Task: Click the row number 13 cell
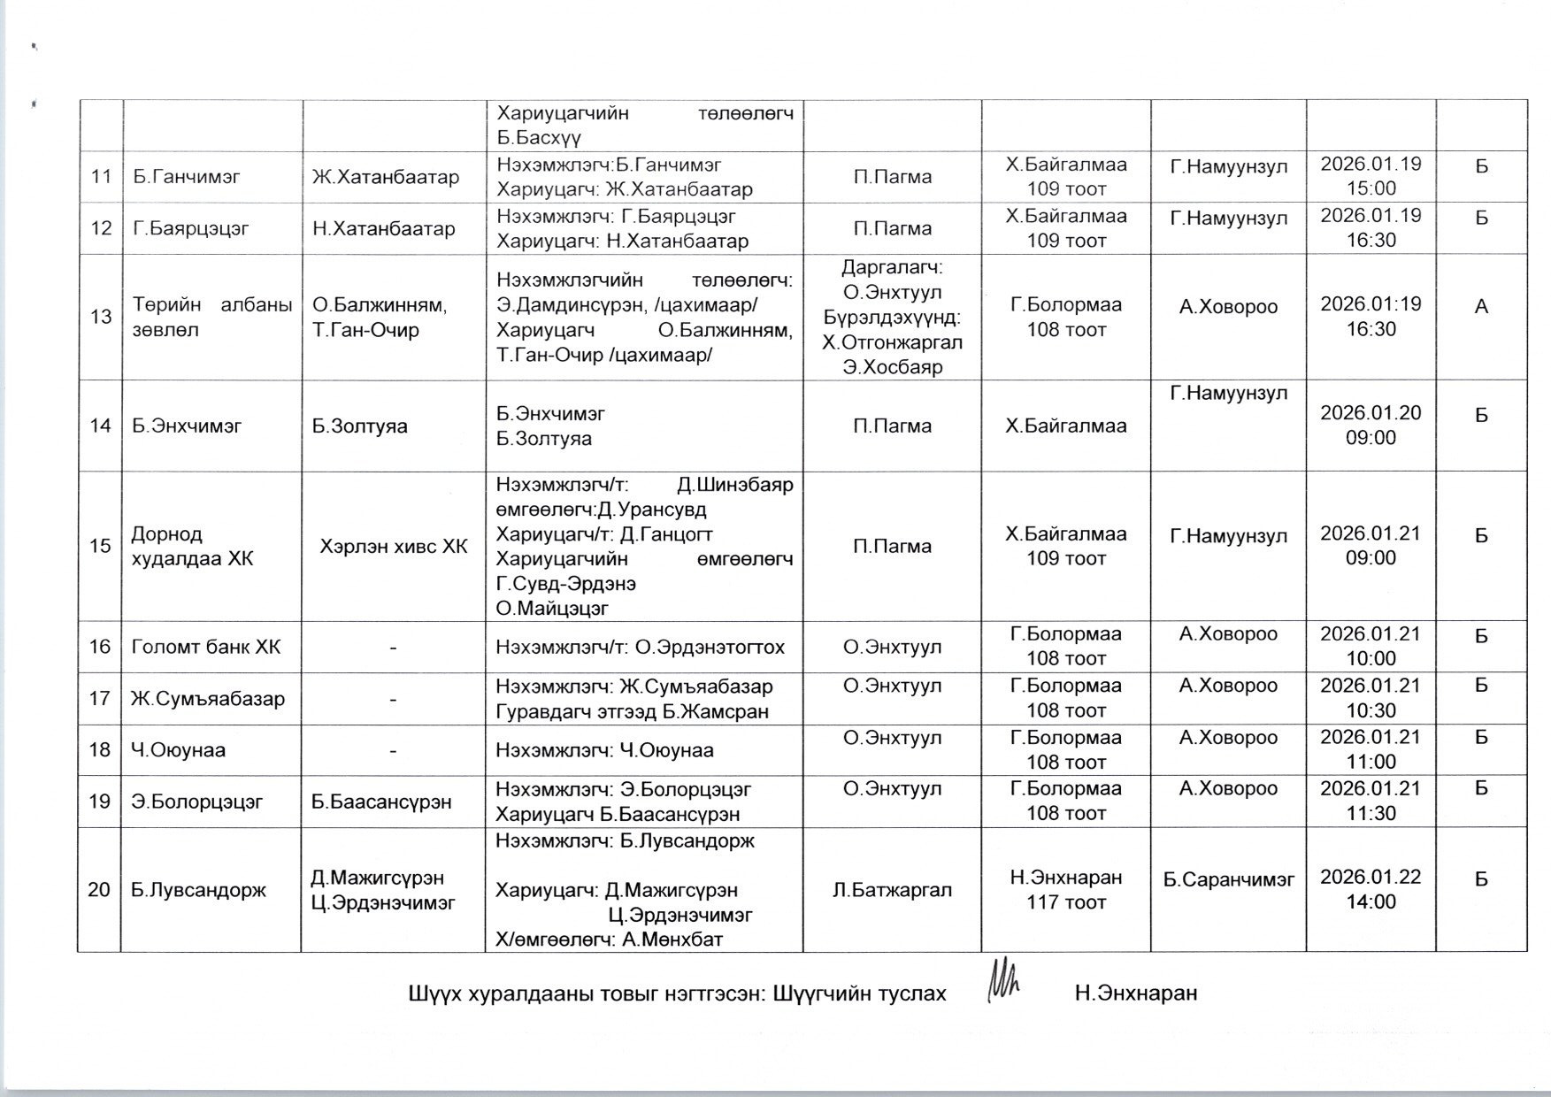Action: (x=101, y=317)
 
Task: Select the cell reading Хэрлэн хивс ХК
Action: (x=393, y=547)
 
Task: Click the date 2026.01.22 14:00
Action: (x=1371, y=889)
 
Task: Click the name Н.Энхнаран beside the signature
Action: (x=1136, y=993)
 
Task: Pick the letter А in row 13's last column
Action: (x=1481, y=307)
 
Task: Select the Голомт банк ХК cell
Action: (x=206, y=647)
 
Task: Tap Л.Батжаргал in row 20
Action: (x=892, y=890)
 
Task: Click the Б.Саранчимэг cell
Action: (x=1228, y=879)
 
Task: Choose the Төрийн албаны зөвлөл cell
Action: (x=212, y=317)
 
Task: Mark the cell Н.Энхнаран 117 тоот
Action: (x=1066, y=889)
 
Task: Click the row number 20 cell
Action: (x=99, y=889)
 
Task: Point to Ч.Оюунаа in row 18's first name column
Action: (x=179, y=750)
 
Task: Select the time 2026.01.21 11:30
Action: (x=1371, y=801)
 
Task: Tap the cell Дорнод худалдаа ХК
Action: (x=192, y=547)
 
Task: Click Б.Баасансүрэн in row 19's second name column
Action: (x=381, y=802)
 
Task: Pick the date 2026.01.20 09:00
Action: (x=1371, y=425)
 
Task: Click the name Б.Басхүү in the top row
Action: (x=539, y=138)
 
